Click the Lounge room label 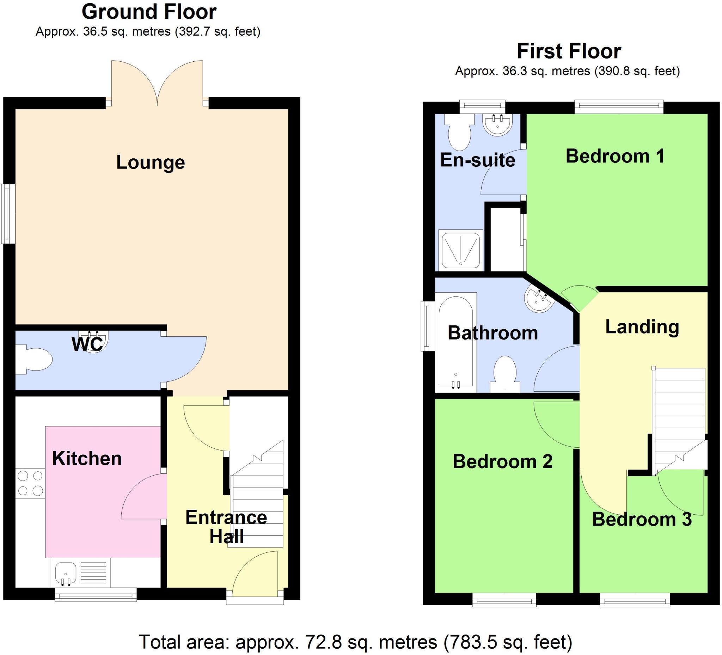tap(151, 163)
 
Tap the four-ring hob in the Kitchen tap(30, 483)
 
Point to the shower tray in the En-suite tap(460, 250)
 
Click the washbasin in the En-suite tap(498, 125)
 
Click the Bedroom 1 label tap(615, 156)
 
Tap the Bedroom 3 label tap(642, 519)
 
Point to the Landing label tap(642, 327)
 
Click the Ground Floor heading tap(149, 12)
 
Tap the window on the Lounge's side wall tap(8, 214)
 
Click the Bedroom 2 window tap(504, 600)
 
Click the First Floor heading tap(569, 51)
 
